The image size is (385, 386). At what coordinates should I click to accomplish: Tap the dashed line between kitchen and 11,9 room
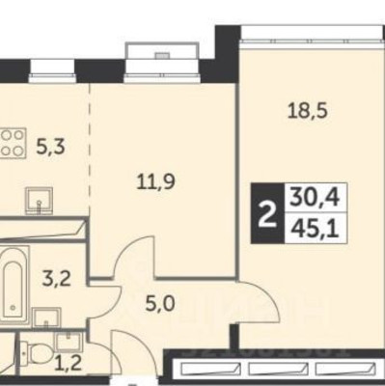[x=92, y=145]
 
